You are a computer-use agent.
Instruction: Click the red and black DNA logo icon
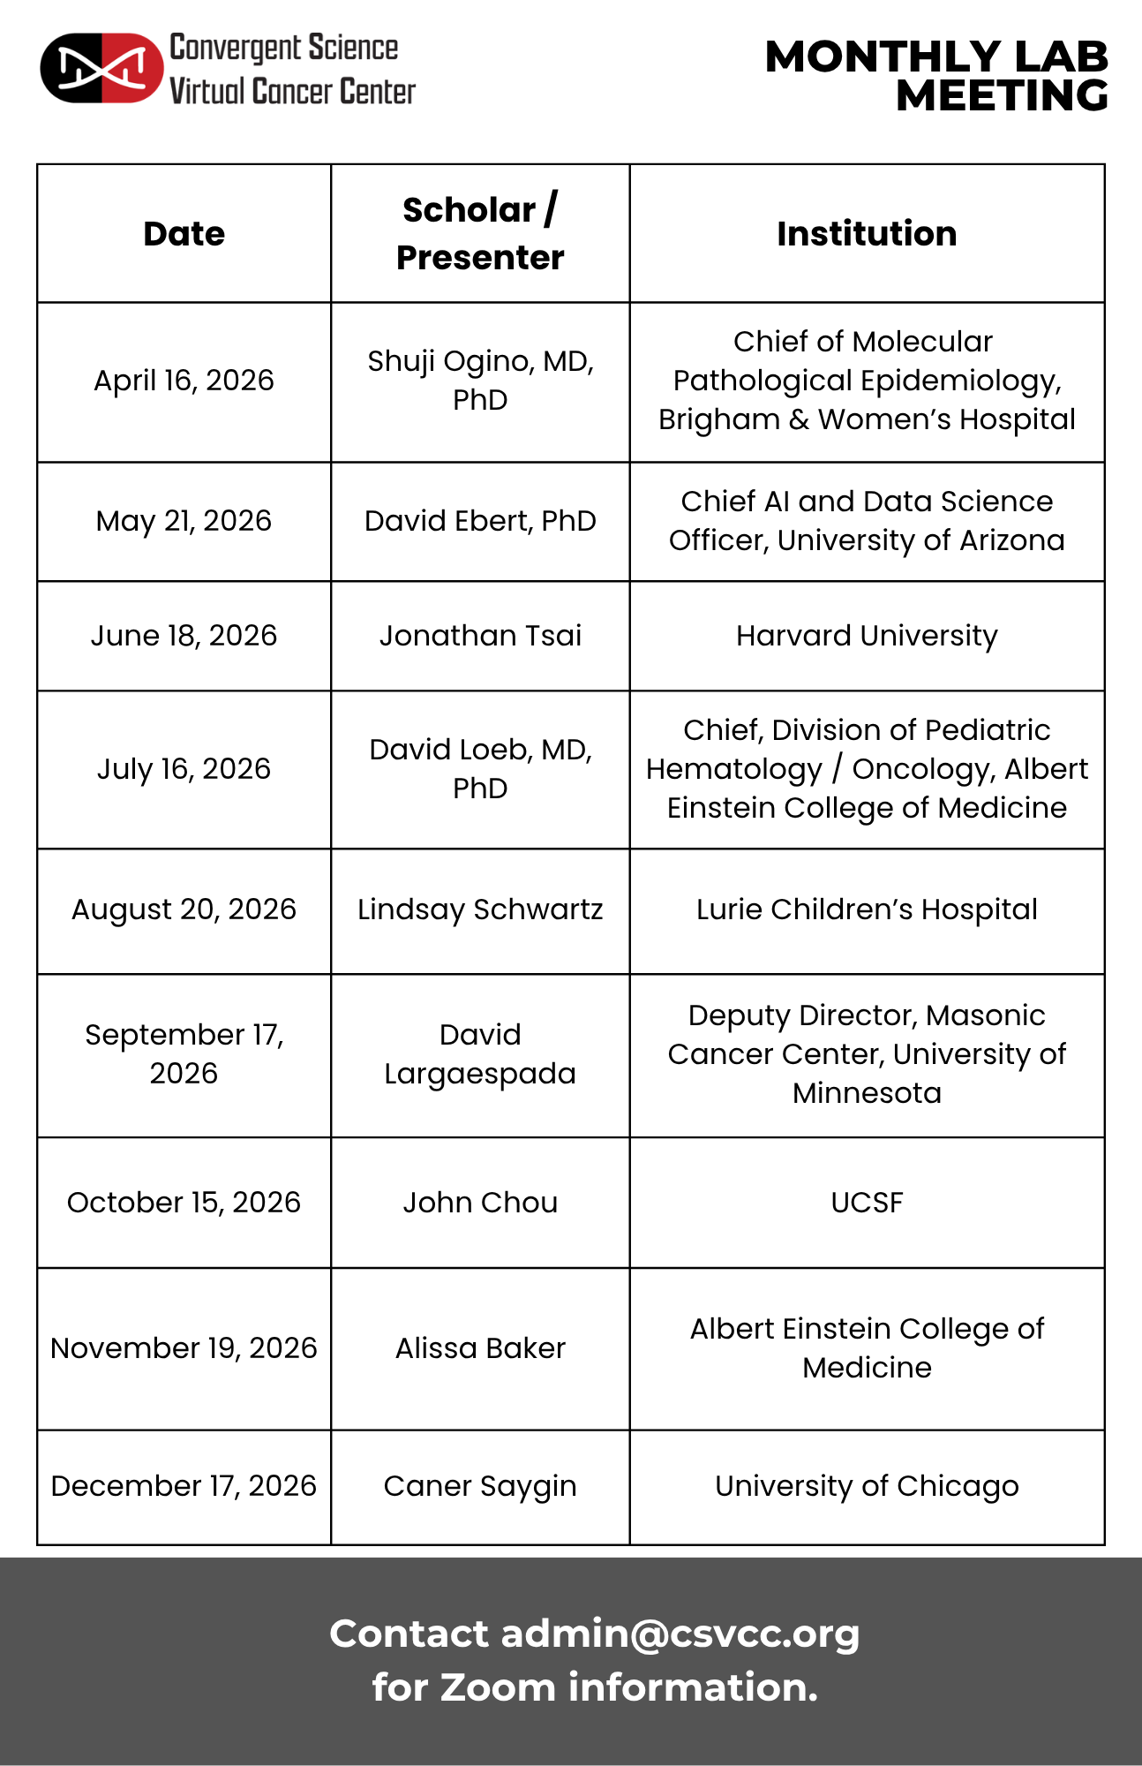click(101, 68)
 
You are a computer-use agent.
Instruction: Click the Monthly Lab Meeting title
click(936, 76)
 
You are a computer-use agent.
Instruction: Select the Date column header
click(184, 234)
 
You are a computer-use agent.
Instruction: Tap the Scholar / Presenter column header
click(479, 234)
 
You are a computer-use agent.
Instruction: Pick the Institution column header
click(867, 234)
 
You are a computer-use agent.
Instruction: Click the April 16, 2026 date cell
click(184, 381)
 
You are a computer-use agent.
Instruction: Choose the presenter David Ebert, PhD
click(480, 521)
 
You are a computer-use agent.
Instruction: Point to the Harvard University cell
click(867, 636)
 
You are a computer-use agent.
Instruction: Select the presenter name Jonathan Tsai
click(480, 636)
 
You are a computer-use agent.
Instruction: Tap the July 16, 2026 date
click(184, 769)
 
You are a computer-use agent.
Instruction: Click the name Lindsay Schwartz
click(480, 909)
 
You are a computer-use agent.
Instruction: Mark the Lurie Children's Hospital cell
click(867, 909)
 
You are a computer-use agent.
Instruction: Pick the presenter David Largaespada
click(480, 1054)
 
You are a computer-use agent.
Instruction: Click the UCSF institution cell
click(867, 1203)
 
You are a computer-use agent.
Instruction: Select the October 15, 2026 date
click(184, 1203)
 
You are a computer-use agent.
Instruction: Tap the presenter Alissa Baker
click(480, 1348)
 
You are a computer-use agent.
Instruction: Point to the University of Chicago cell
click(867, 1486)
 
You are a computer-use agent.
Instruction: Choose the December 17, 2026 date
click(184, 1486)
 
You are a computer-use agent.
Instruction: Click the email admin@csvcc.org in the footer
click(680, 1634)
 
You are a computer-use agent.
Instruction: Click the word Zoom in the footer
click(498, 1687)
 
